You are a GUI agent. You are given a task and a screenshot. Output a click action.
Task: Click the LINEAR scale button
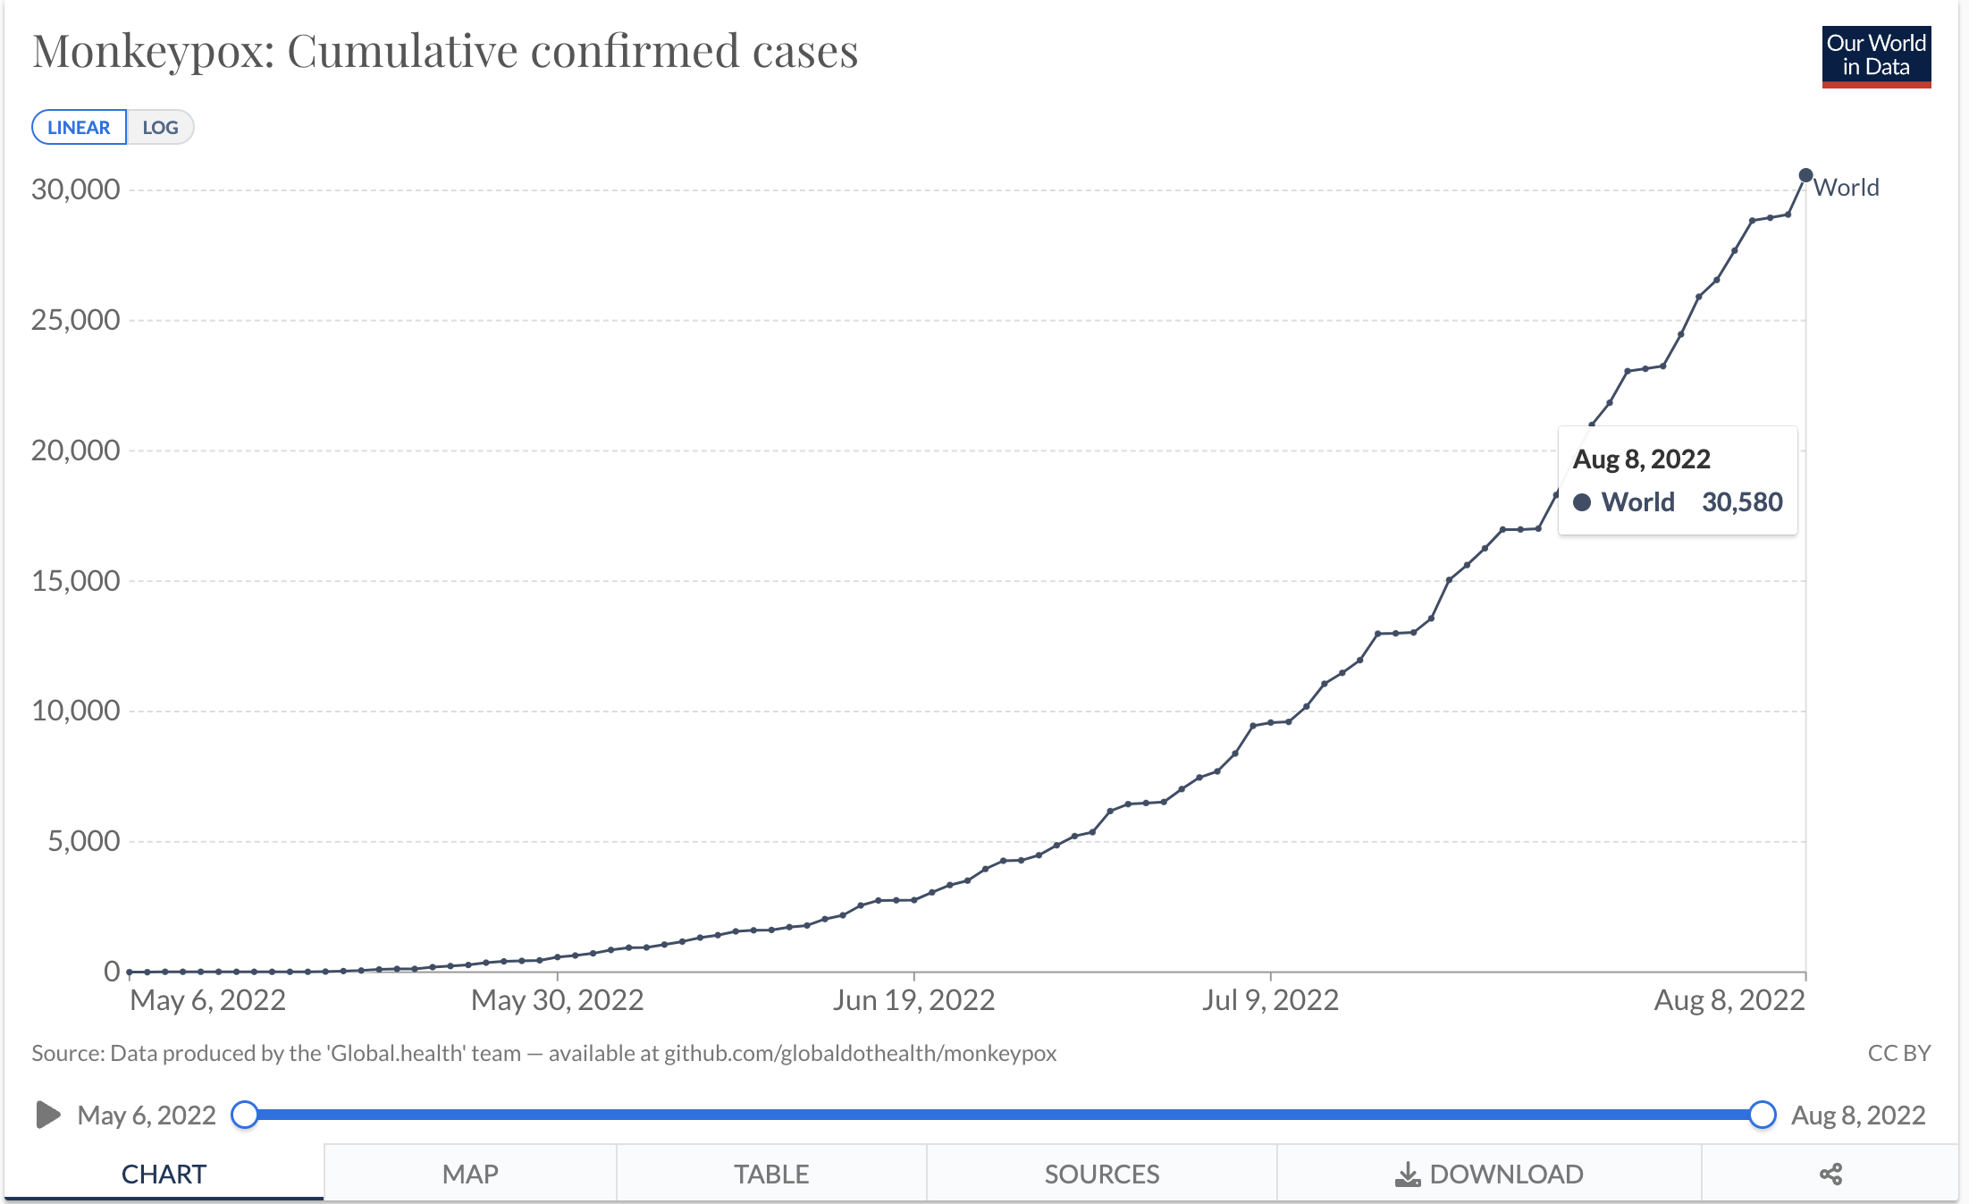coord(79,127)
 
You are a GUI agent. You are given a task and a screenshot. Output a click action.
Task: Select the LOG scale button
coord(161,127)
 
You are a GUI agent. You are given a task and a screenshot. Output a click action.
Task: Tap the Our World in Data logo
coord(1876,57)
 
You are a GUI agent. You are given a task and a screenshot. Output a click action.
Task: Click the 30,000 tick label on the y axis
coord(75,189)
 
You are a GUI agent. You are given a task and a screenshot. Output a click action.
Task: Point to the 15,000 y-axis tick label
coord(75,581)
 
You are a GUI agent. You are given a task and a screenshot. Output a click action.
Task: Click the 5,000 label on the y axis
coord(83,841)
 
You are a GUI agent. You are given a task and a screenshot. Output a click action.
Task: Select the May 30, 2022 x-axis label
coord(558,1000)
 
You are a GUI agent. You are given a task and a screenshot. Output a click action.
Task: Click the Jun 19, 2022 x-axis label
coord(913,1000)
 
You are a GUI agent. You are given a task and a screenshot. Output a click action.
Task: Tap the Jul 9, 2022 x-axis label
coord(1270,1000)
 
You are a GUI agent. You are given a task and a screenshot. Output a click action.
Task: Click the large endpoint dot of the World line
coord(1805,175)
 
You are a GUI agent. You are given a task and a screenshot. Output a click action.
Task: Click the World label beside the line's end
coord(1847,188)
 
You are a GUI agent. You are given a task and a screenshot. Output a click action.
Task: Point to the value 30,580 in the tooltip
coord(1742,502)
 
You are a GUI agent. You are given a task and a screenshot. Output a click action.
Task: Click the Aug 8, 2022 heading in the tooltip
coord(1641,459)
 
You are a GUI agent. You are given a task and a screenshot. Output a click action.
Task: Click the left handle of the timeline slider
coord(245,1115)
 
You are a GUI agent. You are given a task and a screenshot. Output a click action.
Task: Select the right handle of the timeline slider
coord(1762,1115)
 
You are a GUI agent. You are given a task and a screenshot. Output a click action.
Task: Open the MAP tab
coord(470,1174)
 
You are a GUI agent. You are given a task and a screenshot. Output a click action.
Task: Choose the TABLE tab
coord(771,1174)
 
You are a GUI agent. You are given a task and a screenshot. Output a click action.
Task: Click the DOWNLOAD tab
coord(1489,1174)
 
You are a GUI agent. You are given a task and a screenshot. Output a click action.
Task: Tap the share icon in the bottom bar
coord(1830,1174)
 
